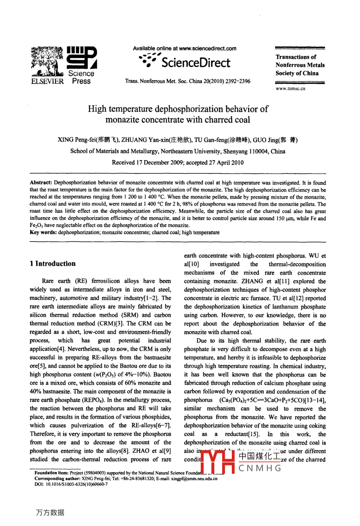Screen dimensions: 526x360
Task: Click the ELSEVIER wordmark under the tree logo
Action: click(47, 81)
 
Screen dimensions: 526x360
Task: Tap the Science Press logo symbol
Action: click(82, 57)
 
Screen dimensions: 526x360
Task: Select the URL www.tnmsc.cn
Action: click(290, 88)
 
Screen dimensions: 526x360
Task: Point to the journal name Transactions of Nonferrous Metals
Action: click(300, 61)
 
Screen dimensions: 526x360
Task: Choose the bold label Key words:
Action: click(43, 232)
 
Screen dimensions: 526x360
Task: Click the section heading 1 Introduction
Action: click(53, 263)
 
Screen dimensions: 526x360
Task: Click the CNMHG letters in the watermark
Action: click(260, 468)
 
